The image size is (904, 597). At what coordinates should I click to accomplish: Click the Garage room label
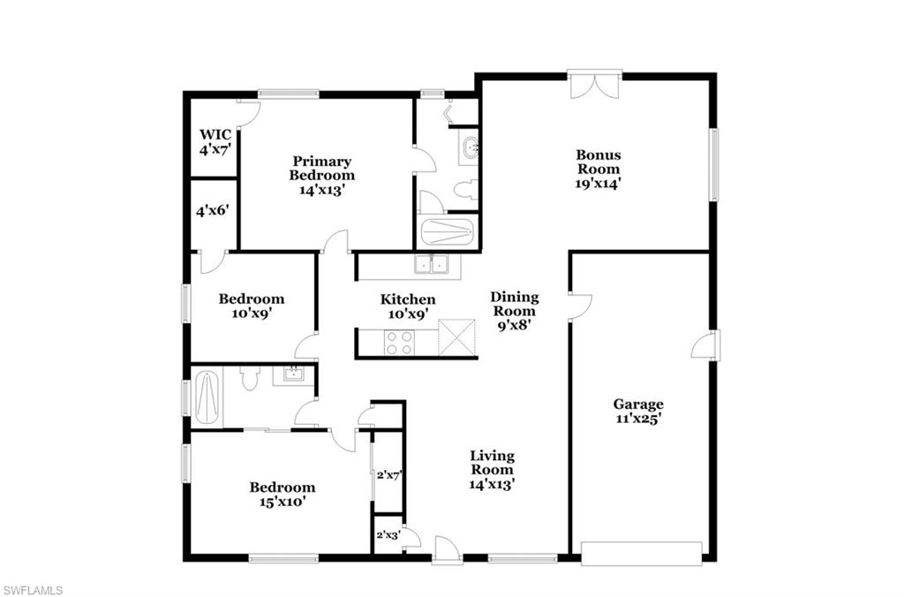[637, 412]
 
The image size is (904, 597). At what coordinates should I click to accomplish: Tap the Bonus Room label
[599, 169]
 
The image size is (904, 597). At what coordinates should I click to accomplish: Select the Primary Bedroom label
[321, 176]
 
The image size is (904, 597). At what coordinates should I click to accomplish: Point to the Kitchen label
[408, 306]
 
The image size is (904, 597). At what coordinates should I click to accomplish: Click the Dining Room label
[515, 311]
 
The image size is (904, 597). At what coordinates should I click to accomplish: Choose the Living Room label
[492, 470]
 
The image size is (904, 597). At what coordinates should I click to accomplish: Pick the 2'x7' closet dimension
[388, 476]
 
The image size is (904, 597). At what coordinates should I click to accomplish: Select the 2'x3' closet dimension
[388, 535]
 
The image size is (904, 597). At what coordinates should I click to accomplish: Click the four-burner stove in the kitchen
[399, 343]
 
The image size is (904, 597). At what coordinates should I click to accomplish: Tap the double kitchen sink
[432, 264]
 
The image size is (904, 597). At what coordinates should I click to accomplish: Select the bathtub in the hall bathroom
[207, 397]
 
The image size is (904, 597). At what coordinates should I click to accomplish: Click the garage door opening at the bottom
[641, 553]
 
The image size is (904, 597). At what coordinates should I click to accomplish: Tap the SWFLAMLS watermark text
[32, 590]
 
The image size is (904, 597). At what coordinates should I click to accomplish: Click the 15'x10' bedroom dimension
[282, 502]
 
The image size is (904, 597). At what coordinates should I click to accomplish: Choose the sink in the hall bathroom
[293, 374]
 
